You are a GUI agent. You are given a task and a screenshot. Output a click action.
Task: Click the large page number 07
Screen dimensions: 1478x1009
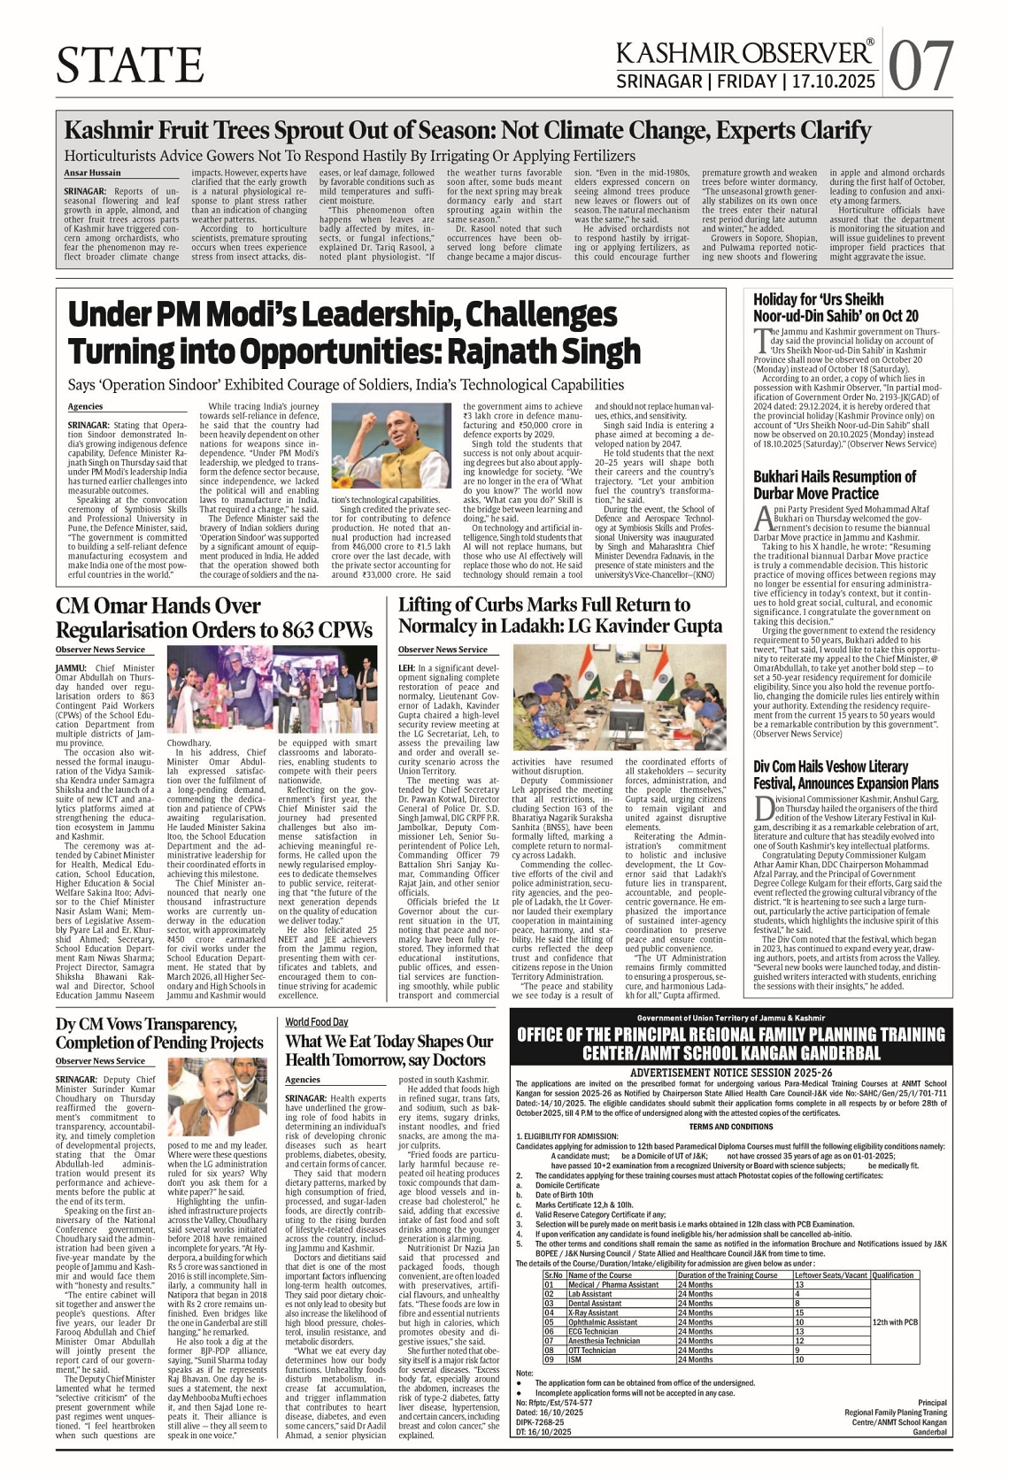pos(921,65)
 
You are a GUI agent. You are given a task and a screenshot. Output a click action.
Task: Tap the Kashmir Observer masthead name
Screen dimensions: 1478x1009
pos(744,53)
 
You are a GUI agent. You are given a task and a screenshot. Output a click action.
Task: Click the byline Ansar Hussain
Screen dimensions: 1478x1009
pos(92,173)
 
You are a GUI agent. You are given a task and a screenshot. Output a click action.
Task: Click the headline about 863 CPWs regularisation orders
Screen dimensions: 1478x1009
pos(213,618)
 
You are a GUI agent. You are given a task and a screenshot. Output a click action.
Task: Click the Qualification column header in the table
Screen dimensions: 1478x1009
pos(893,1275)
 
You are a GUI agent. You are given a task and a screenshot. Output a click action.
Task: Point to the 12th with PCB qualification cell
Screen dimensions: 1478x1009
pos(895,1321)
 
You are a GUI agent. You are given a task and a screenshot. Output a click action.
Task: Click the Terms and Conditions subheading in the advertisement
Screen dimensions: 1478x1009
pos(731,1127)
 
